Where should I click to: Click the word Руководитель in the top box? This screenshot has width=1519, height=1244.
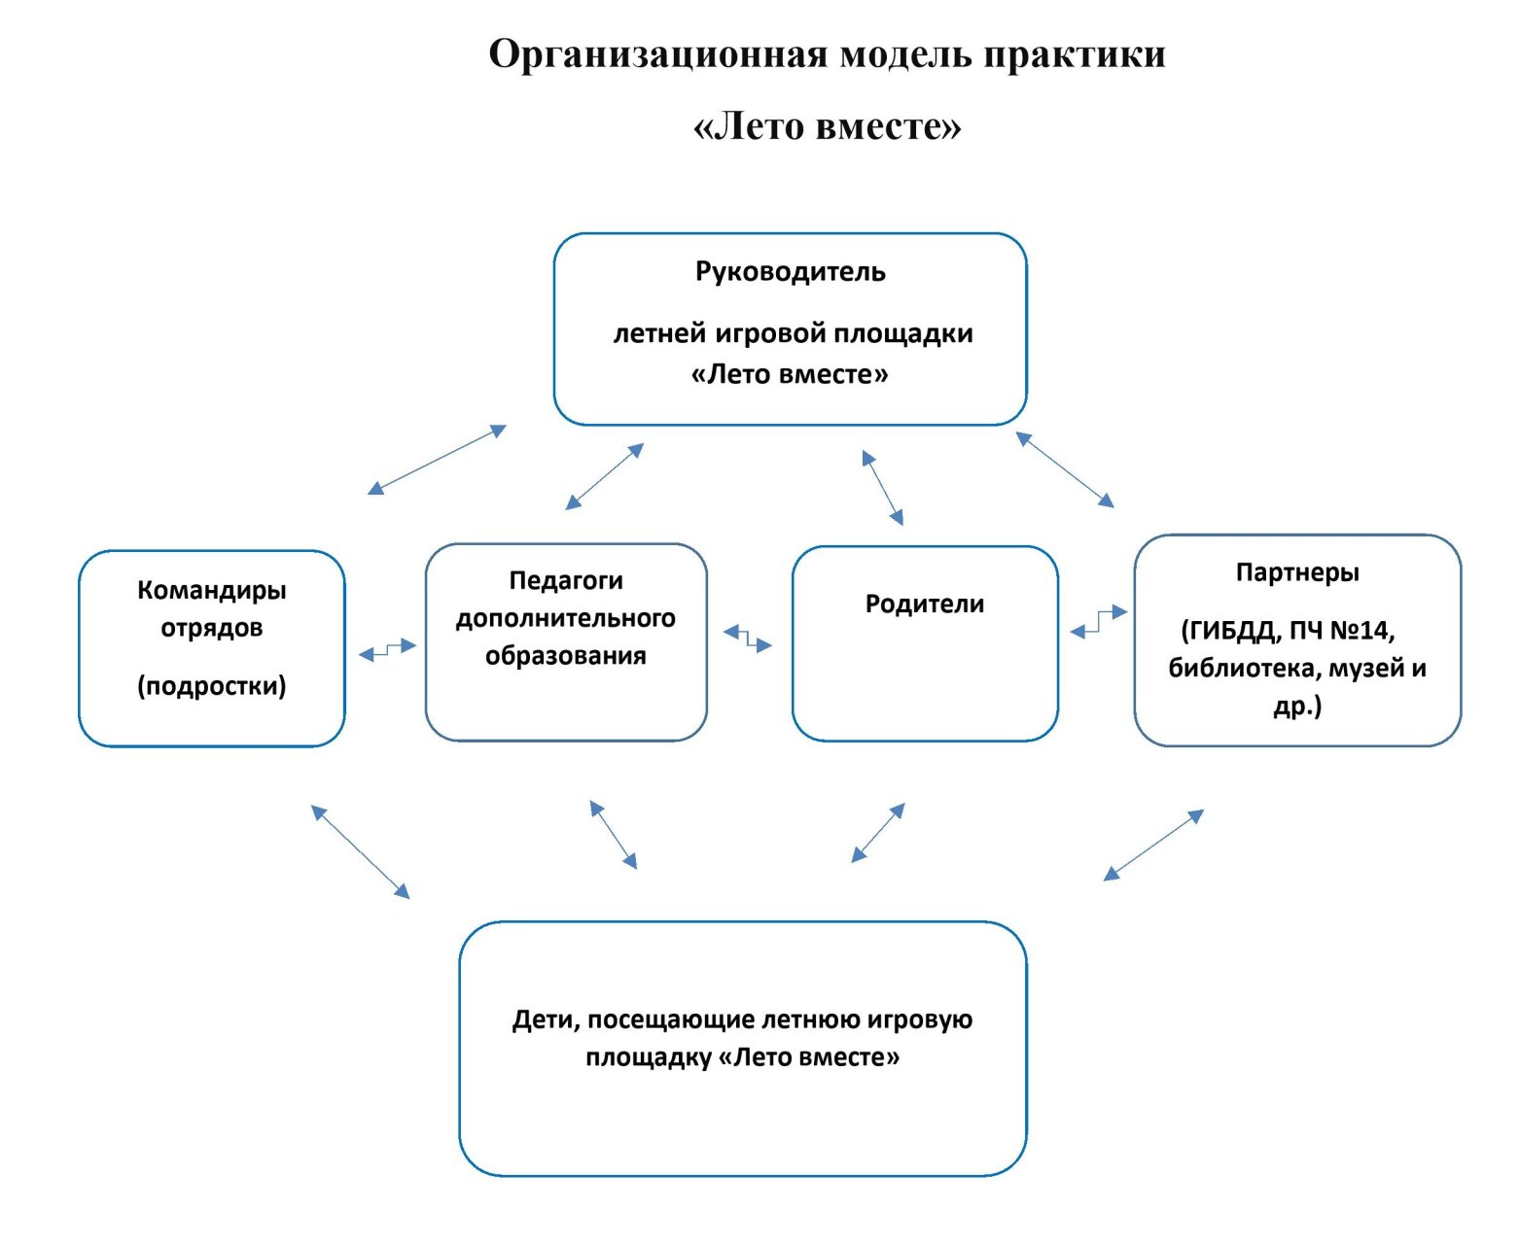click(x=790, y=272)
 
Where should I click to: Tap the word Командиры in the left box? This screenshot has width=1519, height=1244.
click(x=212, y=590)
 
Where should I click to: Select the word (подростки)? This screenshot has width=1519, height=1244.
click(x=212, y=686)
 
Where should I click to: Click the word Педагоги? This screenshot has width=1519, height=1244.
click(x=566, y=580)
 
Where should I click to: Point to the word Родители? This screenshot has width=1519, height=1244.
click(x=925, y=604)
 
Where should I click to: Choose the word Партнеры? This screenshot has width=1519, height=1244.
click(x=1297, y=572)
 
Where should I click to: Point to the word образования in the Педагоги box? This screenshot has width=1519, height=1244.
click(x=566, y=656)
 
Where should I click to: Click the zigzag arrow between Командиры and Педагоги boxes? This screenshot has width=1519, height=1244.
click(x=387, y=649)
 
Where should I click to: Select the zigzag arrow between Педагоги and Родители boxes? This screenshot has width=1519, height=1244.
click(x=747, y=639)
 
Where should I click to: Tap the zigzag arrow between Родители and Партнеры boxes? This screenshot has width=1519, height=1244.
click(x=1099, y=622)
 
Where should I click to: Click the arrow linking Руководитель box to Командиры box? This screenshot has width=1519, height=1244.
click(x=437, y=460)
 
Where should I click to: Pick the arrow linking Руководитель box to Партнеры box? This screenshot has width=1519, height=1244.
click(x=1065, y=469)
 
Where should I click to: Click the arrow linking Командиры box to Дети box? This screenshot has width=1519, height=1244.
click(x=360, y=851)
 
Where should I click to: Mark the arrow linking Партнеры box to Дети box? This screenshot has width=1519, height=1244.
click(x=1153, y=846)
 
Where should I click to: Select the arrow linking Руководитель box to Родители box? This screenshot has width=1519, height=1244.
click(x=883, y=488)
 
